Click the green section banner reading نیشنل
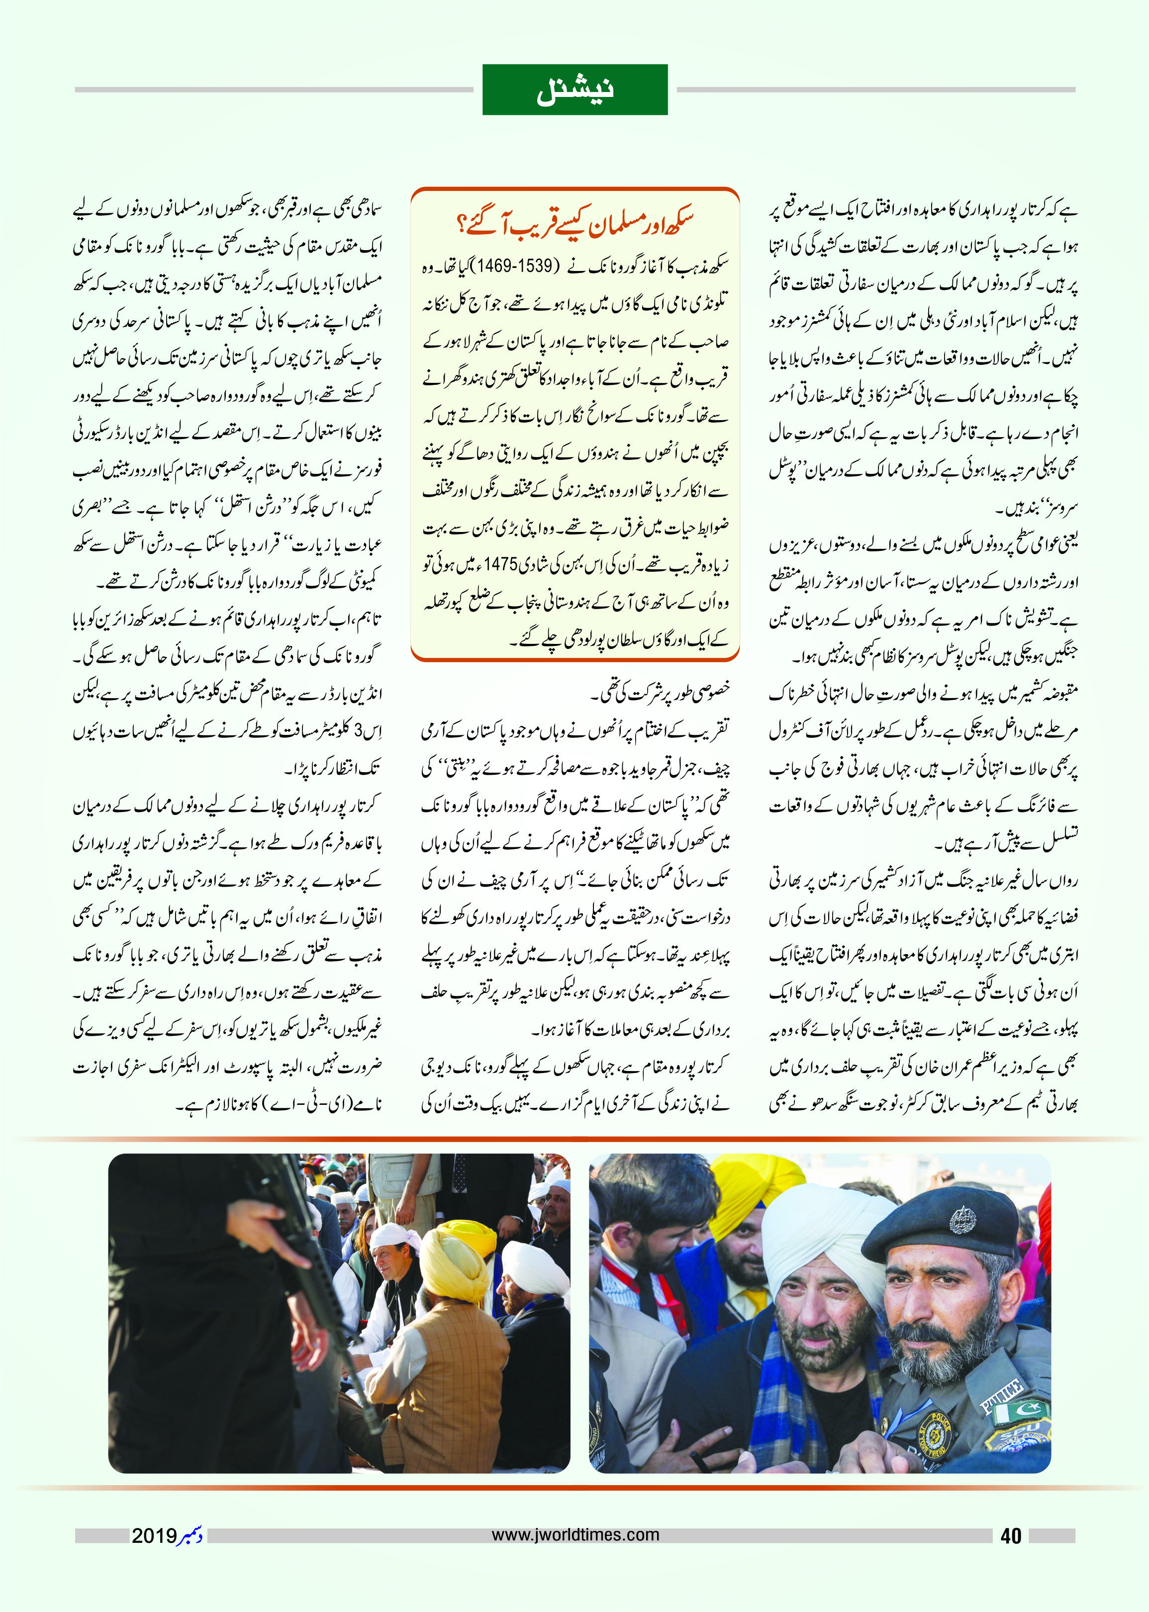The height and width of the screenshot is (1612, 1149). (574, 90)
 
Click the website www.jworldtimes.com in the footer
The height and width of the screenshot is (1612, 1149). (575, 1534)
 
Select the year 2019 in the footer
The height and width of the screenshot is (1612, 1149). (154, 1535)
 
